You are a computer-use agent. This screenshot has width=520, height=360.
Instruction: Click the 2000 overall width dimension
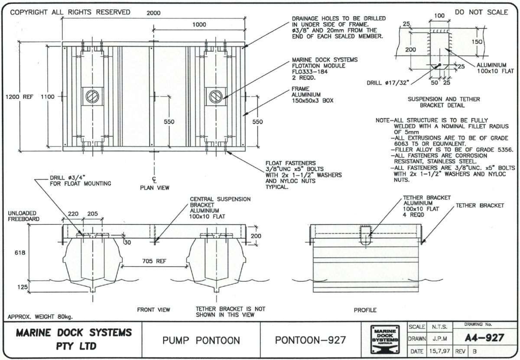click(x=153, y=13)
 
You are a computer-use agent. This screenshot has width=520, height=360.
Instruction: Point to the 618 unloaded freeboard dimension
click(x=17, y=252)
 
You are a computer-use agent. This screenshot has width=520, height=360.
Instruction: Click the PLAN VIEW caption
click(x=154, y=188)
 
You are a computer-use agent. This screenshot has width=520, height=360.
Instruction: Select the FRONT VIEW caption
click(x=153, y=310)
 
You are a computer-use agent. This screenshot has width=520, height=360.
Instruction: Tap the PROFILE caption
click(x=365, y=310)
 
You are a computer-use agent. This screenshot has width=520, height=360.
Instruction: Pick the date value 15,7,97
click(x=440, y=350)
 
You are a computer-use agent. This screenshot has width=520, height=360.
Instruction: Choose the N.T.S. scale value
click(x=440, y=325)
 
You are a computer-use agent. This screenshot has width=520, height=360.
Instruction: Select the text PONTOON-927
click(x=311, y=341)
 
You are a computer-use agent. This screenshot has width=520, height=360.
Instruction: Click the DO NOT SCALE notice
click(x=481, y=12)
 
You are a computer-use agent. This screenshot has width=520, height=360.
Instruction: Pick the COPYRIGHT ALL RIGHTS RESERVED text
click(x=70, y=12)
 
